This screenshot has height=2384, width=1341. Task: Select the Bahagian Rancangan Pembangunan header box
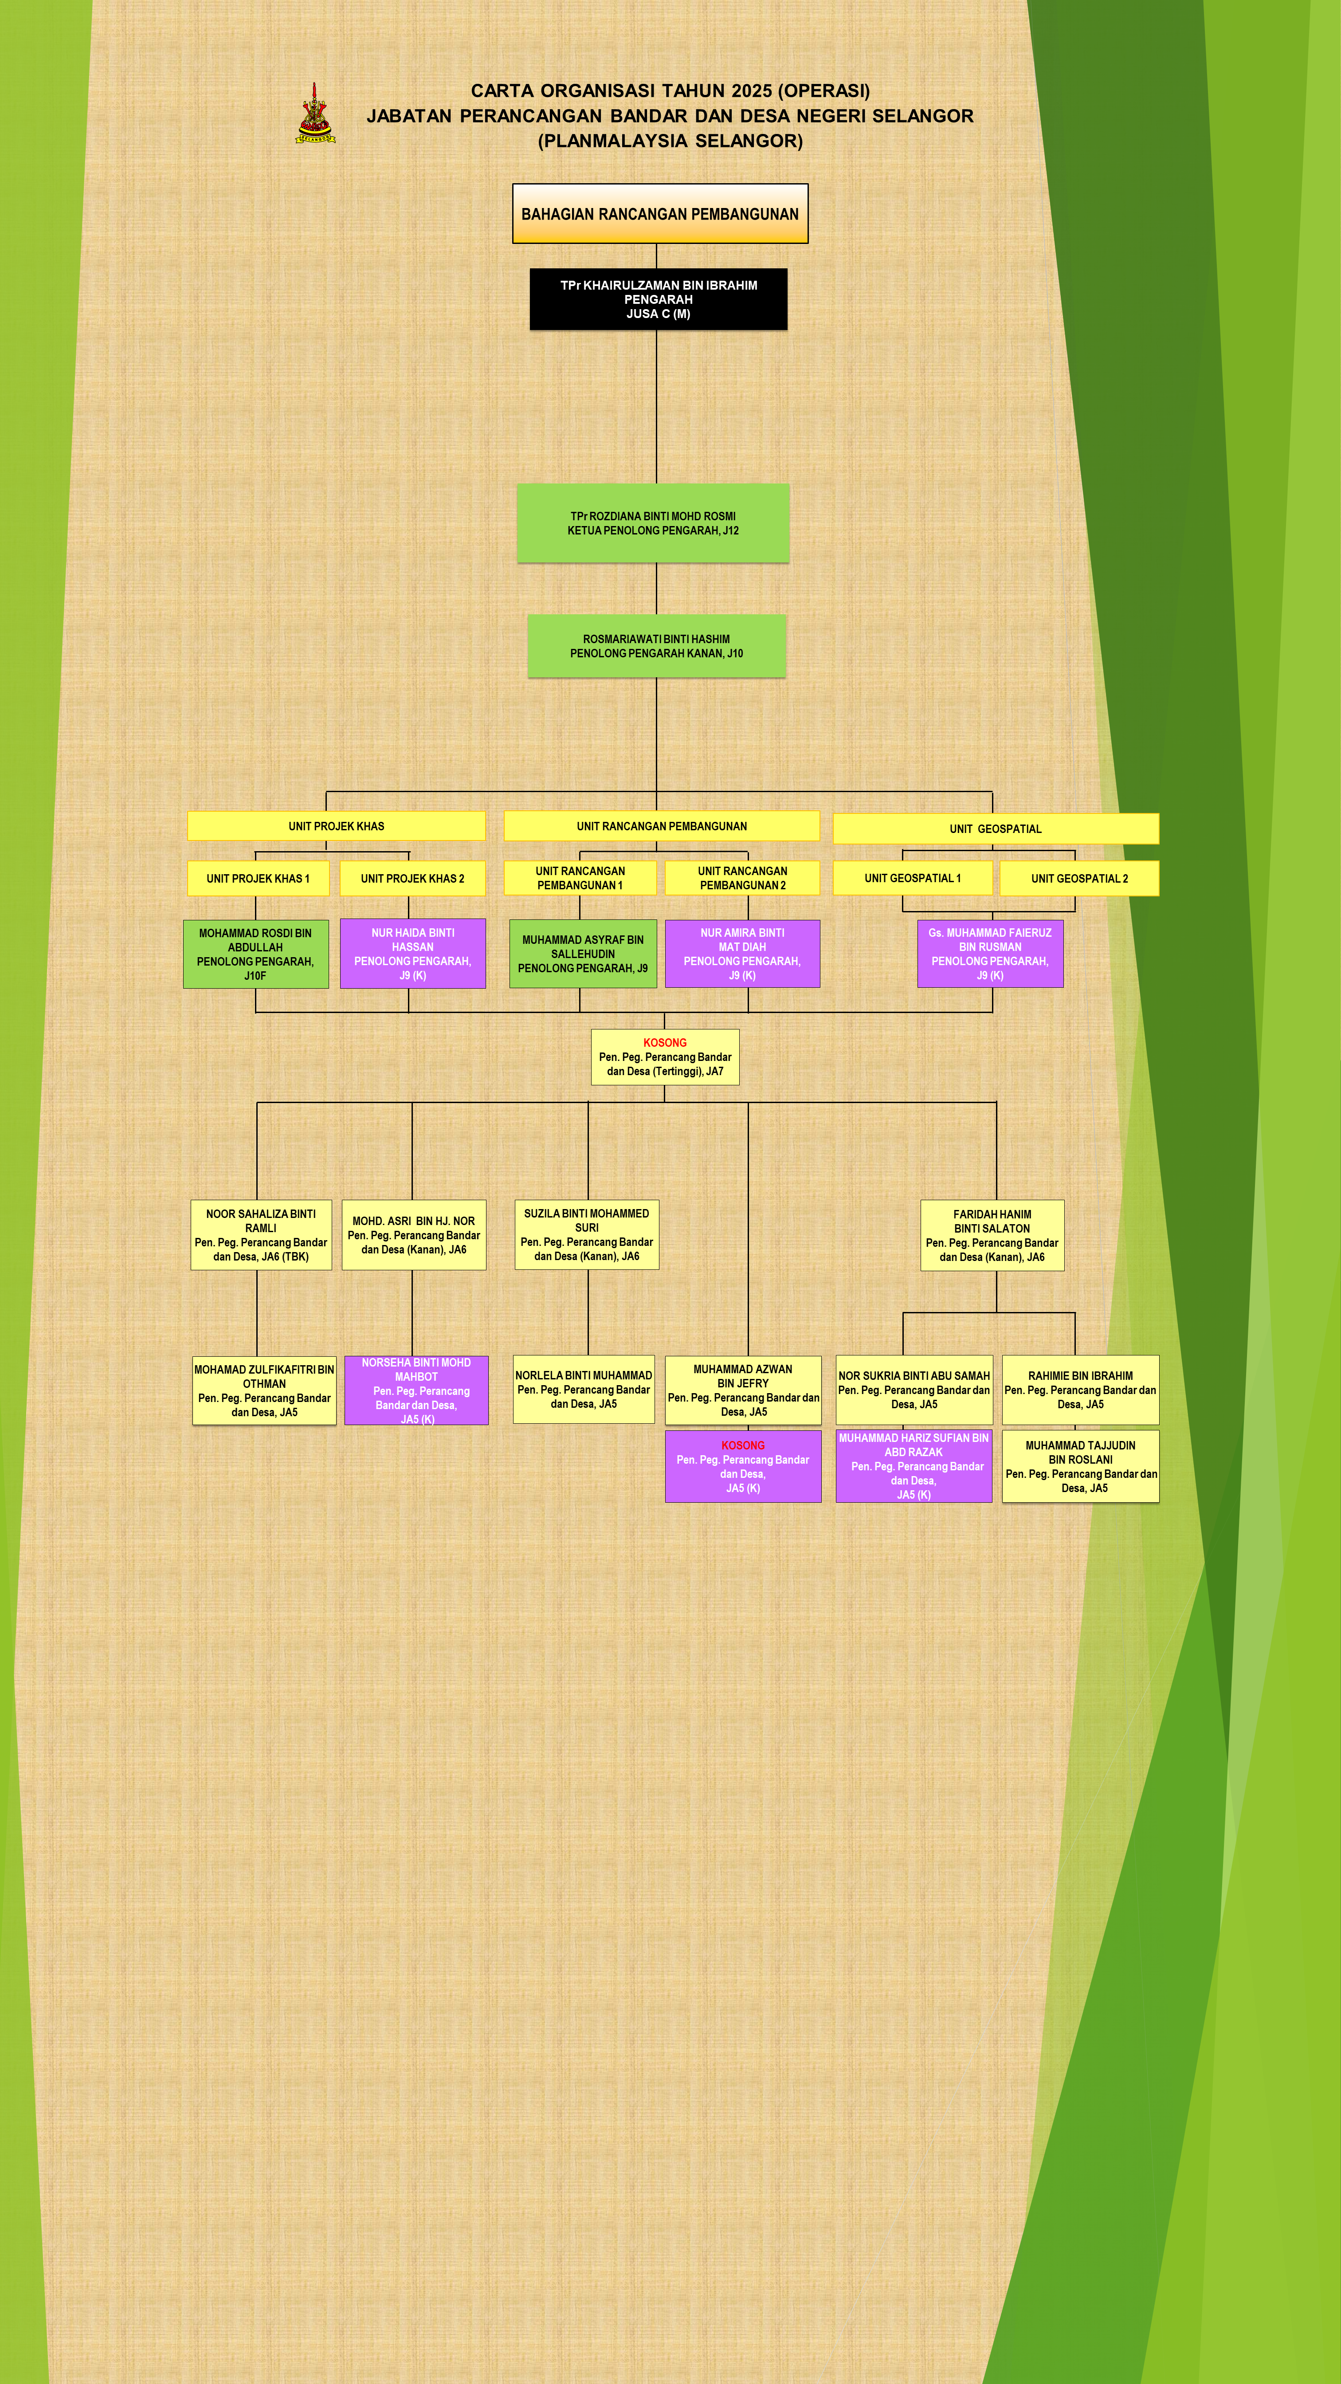[660, 214]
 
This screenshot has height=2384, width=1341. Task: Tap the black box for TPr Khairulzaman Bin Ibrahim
[658, 299]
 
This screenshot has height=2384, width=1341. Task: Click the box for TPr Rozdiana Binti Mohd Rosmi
[653, 523]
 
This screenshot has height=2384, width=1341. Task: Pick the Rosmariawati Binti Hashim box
[656, 646]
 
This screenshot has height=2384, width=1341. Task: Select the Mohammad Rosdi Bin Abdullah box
[255, 954]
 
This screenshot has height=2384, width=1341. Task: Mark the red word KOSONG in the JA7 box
[664, 1042]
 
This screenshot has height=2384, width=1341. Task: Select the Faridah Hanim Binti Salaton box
[992, 1236]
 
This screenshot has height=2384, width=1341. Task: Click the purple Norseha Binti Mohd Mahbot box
[416, 1390]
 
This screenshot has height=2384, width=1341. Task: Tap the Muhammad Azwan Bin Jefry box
[743, 1390]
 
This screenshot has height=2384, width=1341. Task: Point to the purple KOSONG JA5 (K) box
[743, 1466]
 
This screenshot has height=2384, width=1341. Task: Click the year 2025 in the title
[751, 90]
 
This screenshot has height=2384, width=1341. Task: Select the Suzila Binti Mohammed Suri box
[587, 1234]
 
